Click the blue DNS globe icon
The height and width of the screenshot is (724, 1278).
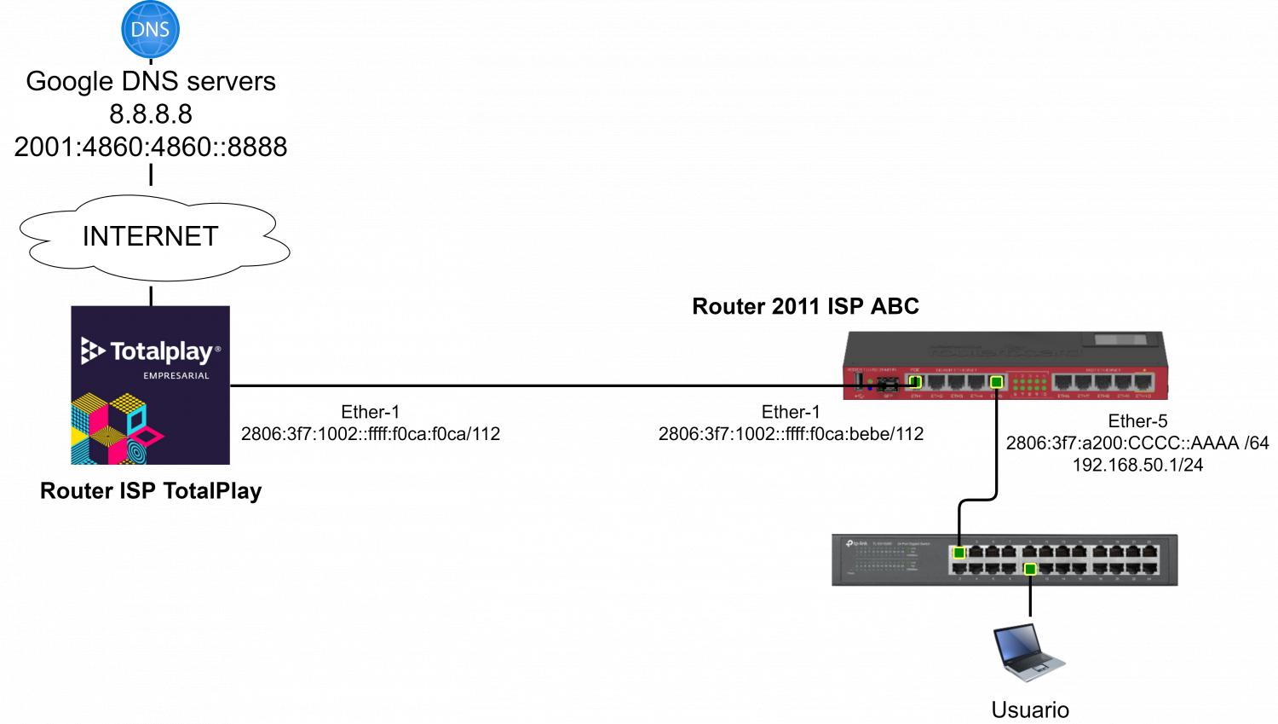click(x=150, y=29)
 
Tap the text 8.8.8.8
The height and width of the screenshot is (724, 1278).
click(x=151, y=113)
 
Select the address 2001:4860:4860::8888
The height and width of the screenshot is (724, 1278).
click(x=151, y=147)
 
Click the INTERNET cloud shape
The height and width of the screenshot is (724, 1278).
click(x=152, y=236)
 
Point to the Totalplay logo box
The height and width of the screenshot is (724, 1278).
click(x=150, y=385)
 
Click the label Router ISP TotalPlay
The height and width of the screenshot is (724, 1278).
click(x=151, y=491)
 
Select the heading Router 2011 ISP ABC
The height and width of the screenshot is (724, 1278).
click(x=805, y=307)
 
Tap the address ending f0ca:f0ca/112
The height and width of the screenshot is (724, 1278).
click(x=371, y=434)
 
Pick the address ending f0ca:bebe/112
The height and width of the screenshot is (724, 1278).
click(x=791, y=434)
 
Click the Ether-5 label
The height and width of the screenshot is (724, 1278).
click(x=1137, y=421)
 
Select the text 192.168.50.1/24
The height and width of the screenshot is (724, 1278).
click(x=1137, y=466)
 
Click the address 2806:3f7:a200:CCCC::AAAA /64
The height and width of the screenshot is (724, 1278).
click(x=1137, y=443)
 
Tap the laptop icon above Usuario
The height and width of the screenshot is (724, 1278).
click(x=1029, y=652)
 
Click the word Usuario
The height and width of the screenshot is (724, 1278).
click(x=1030, y=710)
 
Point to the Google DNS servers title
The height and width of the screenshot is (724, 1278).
click(x=151, y=81)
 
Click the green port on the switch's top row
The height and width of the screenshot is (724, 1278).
click(x=959, y=553)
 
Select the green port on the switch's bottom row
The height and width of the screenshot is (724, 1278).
click(x=1030, y=569)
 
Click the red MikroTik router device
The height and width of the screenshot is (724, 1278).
click(x=1005, y=367)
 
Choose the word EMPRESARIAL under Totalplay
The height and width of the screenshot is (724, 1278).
click(x=176, y=375)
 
